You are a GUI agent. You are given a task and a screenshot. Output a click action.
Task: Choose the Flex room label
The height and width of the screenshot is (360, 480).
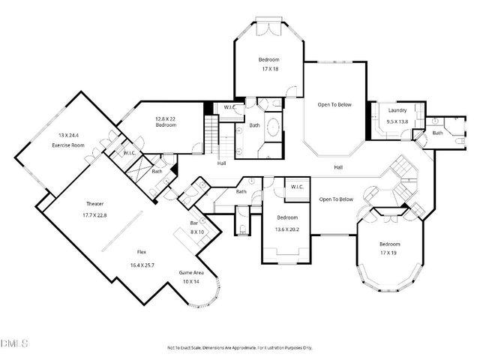tap(141, 253)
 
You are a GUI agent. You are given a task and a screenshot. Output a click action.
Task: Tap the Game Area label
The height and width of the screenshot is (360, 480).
tap(190, 272)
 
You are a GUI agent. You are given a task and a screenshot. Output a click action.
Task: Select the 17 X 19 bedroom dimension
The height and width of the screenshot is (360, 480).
tap(389, 253)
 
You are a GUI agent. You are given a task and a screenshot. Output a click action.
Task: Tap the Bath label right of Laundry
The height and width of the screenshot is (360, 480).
tap(436, 133)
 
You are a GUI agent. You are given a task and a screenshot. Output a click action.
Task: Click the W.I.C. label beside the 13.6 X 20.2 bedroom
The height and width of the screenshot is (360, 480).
tap(296, 187)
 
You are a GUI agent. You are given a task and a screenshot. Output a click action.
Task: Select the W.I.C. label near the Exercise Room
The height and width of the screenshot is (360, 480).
tap(129, 153)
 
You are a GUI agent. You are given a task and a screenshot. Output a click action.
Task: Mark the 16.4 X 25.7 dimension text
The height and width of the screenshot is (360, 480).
tap(141, 265)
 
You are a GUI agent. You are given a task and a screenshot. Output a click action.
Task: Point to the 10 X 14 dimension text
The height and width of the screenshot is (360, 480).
tap(190, 281)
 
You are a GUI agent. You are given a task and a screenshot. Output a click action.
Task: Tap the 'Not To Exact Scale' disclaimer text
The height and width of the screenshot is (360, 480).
tap(239, 348)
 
